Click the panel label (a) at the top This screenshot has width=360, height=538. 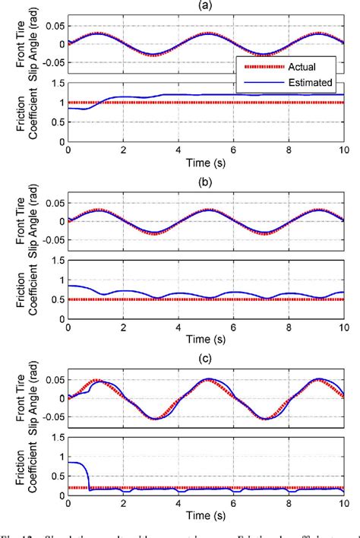click(206, 5)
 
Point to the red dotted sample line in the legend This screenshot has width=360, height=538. click(255, 65)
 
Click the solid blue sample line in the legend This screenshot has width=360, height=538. click(255, 82)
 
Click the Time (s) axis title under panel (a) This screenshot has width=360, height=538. click(205, 163)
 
